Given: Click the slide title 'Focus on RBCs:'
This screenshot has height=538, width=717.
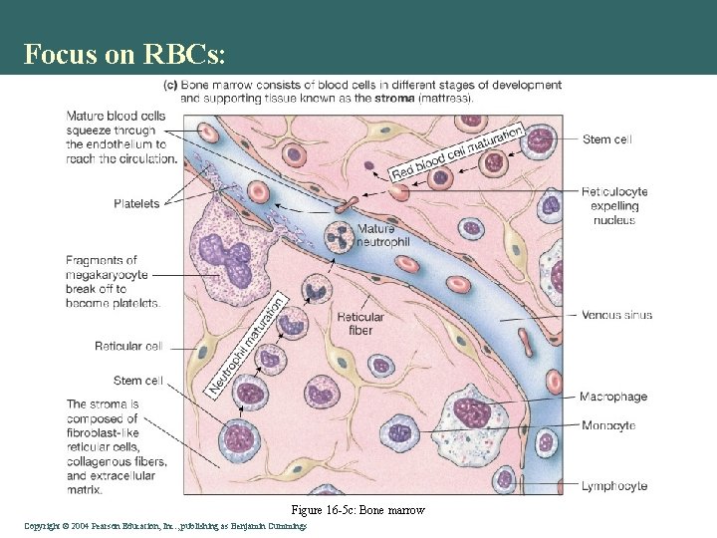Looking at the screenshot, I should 131,54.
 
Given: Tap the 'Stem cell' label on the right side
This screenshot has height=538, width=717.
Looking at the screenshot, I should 606,139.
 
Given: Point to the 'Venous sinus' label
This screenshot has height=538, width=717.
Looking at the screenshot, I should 616,315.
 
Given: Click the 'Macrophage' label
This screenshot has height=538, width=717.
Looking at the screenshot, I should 613,397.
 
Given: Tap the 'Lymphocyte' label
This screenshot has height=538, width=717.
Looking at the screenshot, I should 613,486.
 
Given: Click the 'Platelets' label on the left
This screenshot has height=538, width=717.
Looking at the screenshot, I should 136,204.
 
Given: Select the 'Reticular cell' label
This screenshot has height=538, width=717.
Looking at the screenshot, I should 128,347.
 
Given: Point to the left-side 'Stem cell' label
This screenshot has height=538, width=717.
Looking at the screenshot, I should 138,381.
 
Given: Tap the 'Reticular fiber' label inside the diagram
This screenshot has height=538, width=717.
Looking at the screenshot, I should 360,324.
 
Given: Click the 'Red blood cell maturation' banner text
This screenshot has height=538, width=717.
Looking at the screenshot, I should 457,153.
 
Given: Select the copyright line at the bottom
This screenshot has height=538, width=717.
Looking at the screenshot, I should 165,526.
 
